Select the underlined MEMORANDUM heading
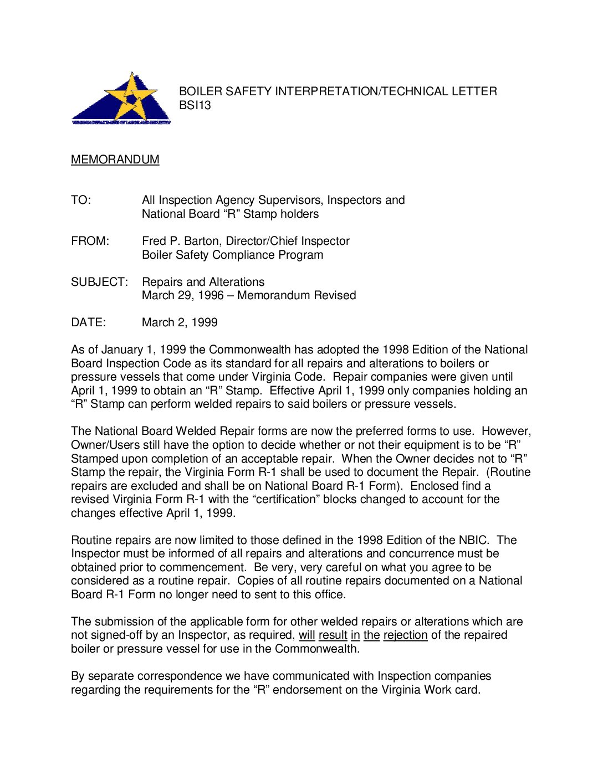click(115, 160)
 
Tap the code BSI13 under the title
click(195, 105)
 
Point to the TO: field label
click(80, 200)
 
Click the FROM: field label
click(90, 241)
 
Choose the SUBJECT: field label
click(99, 282)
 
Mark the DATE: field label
click(88, 322)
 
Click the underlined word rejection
click(405, 635)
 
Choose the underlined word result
click(333, 635)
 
